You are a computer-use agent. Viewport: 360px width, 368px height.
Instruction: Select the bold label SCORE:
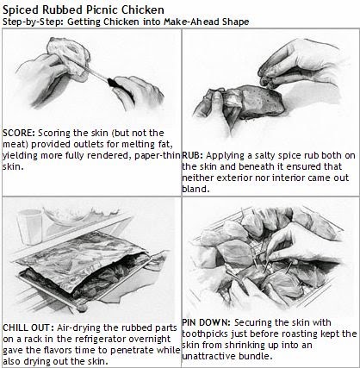click(19, 133)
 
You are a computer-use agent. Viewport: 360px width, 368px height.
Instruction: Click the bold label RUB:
click(193, 155)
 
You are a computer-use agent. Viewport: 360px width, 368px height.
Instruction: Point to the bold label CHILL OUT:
click(28, 327)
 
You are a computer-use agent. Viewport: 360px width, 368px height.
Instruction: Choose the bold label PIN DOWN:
click(206, 322)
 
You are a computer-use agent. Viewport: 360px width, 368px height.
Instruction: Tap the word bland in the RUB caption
click(194, 189)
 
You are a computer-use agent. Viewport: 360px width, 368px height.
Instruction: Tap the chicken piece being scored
click(68, 59)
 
